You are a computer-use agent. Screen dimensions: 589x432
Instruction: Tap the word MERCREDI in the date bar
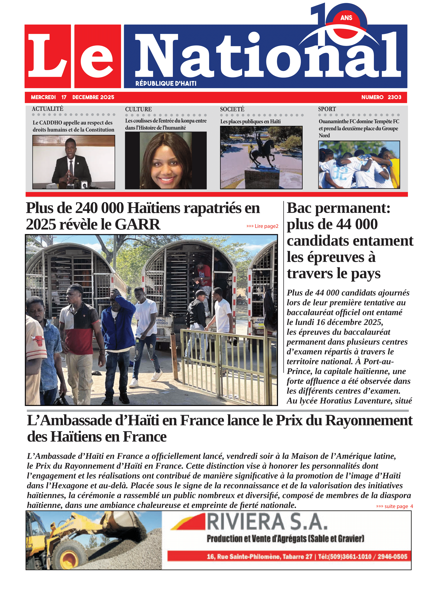tap(43, 97)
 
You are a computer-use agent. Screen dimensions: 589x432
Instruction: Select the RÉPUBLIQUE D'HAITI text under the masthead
tap(166, 83)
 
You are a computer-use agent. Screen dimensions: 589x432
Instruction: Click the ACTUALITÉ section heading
tap(48, 109)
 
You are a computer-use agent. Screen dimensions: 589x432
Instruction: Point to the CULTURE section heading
tap(138, 109)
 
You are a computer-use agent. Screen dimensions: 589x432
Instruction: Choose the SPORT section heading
tap(327, 109)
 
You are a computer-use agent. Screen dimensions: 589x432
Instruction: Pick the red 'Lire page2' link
tap(263, 226)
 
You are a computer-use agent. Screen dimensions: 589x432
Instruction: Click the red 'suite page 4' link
tap(394, 506)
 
